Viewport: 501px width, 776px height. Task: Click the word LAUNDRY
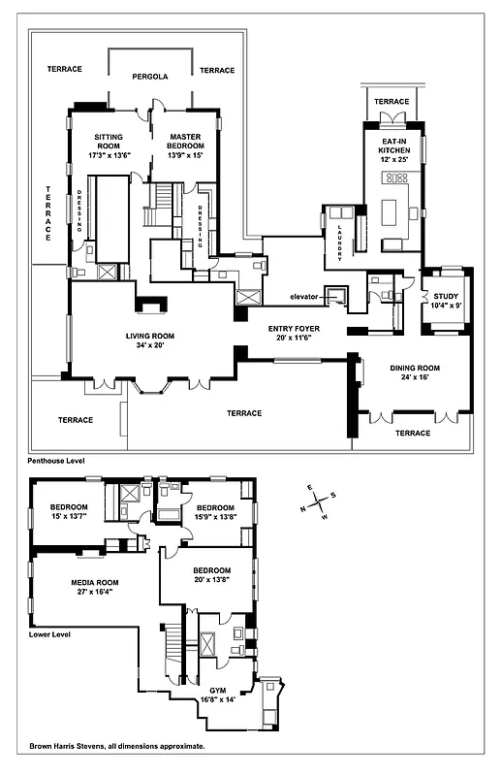pyautogui.click(x=340, y=233)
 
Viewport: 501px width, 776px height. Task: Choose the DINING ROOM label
pyautogui.click(x=415, y=368)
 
